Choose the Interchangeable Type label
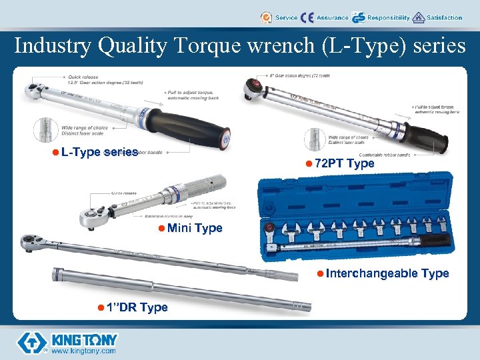point(387,273)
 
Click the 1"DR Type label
point(136,307)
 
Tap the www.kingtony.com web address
point(83,351)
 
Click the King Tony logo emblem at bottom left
point(31,342)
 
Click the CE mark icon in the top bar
point(307,18)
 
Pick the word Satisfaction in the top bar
point(444,18)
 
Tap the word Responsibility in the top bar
point(388,18)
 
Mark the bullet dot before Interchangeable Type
point(321,273)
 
